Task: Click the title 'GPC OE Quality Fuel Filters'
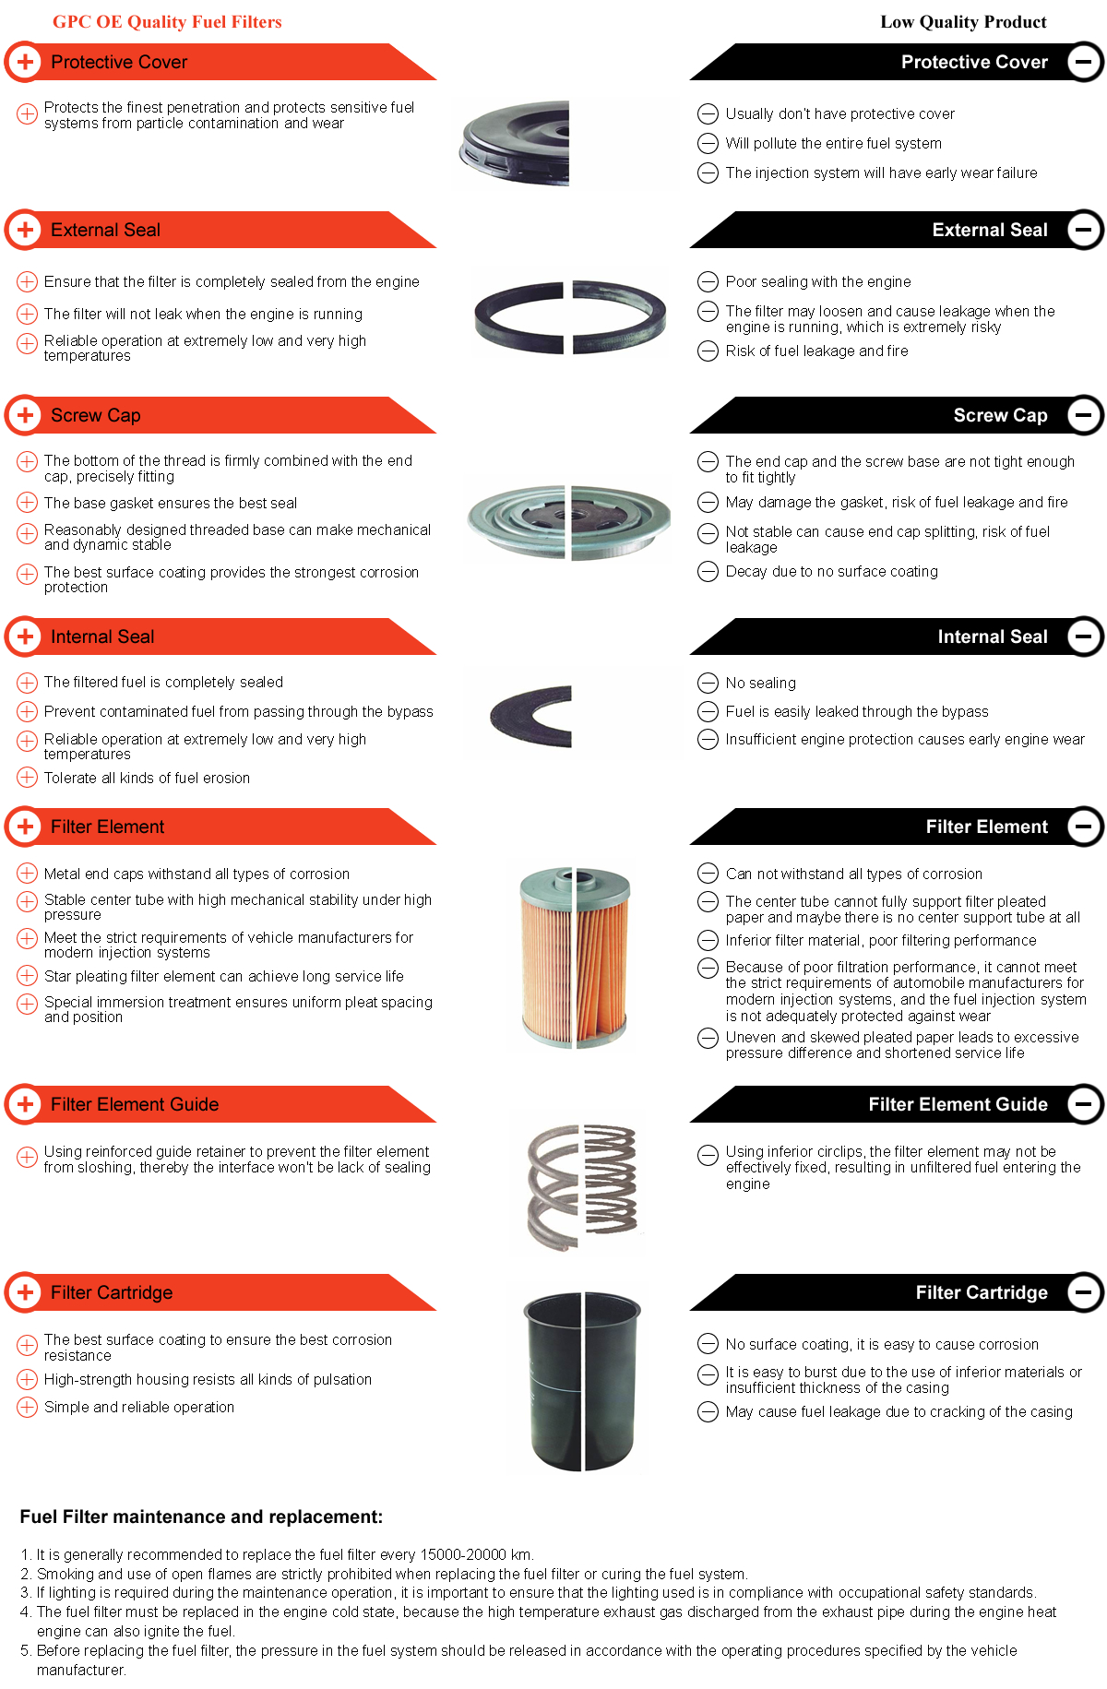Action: point(167,22)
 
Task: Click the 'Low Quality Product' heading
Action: point(963,22)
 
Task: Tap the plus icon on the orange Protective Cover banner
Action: point(26,62)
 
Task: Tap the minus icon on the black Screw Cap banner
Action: point(1085,415)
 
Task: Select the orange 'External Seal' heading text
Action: point(105,230)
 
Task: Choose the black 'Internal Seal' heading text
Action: point(993,636)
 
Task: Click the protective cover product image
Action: point(515,143)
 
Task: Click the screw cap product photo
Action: point(569,521)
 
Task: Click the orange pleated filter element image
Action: point(575,957)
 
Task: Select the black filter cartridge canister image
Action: point(582,1381)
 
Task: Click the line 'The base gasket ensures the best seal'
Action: point(171,503)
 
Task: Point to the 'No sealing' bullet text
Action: point(761,683)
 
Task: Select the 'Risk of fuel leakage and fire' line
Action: point(817,351)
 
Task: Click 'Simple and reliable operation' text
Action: point(139,1407)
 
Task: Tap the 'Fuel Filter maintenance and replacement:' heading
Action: point(201,1517)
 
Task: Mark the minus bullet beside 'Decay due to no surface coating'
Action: point(708,572)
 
